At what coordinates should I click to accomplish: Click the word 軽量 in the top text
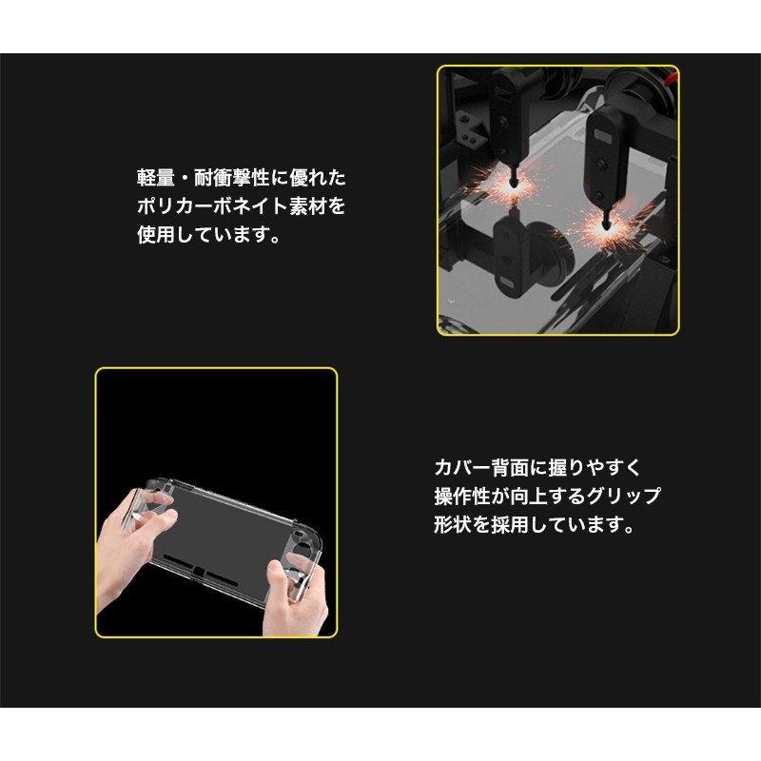tap(151, 178)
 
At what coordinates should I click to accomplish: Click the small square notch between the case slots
tap(204, 572)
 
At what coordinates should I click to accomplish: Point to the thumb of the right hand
tap(276, 571)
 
